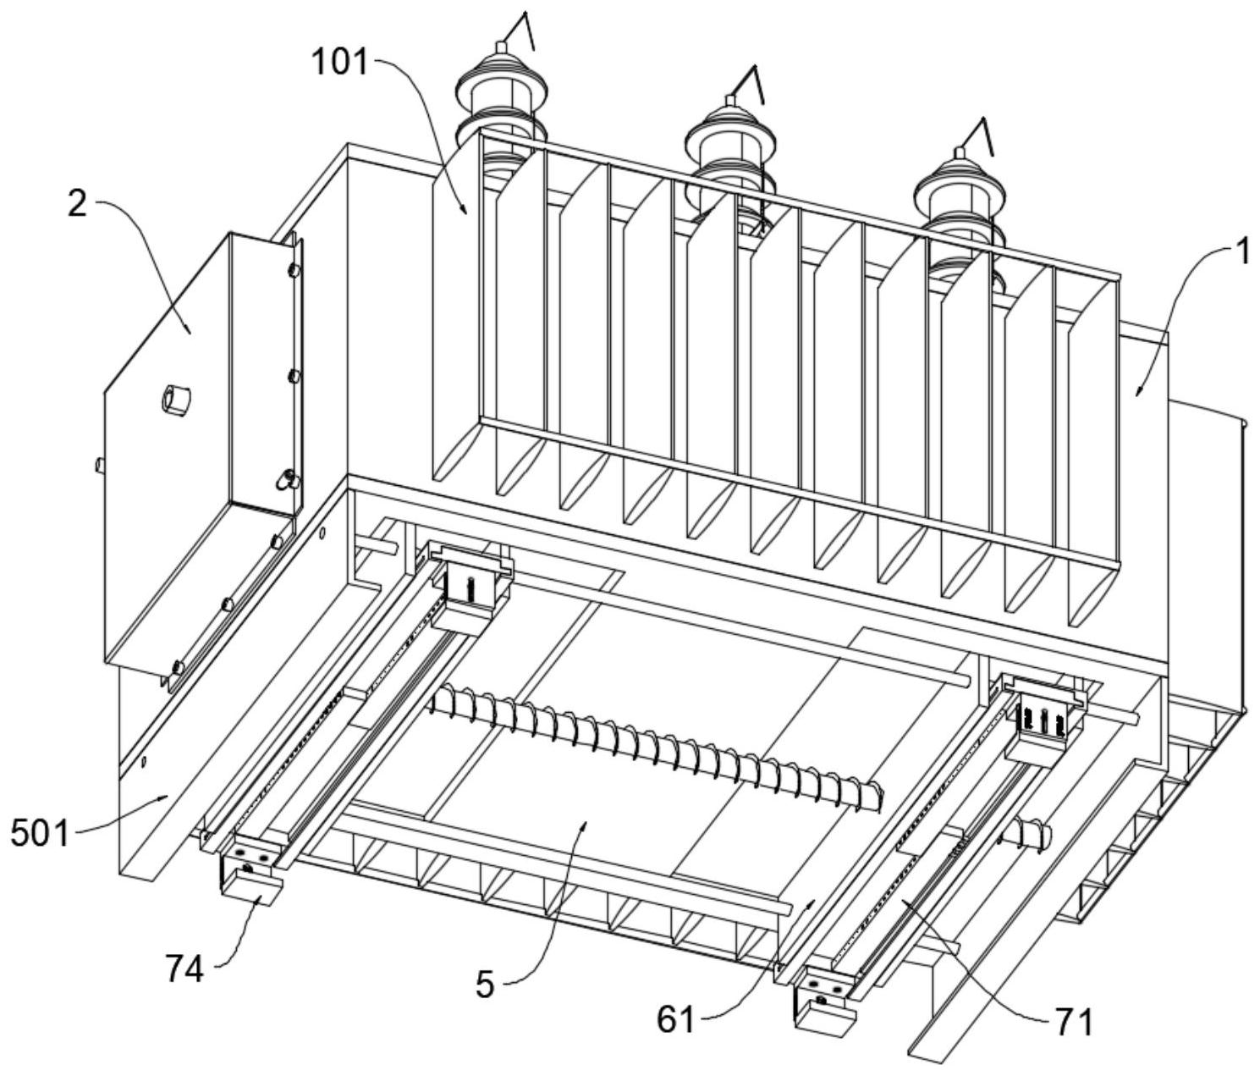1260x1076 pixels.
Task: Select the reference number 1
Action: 1241,252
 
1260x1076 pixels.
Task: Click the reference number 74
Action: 184,970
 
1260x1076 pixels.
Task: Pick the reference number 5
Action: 484,984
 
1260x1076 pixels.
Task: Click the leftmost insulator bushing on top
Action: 502,93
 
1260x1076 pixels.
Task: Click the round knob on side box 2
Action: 176,398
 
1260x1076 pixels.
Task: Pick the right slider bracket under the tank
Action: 1043,713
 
